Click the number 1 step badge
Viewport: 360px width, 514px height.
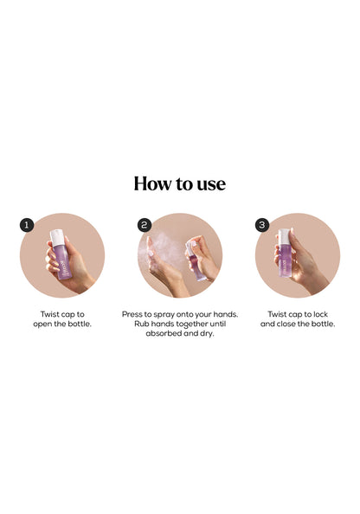point(27,225)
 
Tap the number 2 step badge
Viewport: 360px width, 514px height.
point(145,225)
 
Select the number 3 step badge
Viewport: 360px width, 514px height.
point(262,225)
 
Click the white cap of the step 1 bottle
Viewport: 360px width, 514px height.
point(57,238)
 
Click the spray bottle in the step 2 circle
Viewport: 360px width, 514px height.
point(196,261)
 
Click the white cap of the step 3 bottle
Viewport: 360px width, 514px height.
point(284,238)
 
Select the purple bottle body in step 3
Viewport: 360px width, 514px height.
point(284,261)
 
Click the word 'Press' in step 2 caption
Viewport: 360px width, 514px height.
point(132,314)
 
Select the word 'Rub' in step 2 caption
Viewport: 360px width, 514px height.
point(141,324)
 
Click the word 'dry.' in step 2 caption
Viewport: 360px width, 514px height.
point(207,334)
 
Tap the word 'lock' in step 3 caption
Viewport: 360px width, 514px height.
point(320,314)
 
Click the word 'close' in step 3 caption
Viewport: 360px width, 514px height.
point(286,324)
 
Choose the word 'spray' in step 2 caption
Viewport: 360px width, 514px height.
point(164,315)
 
